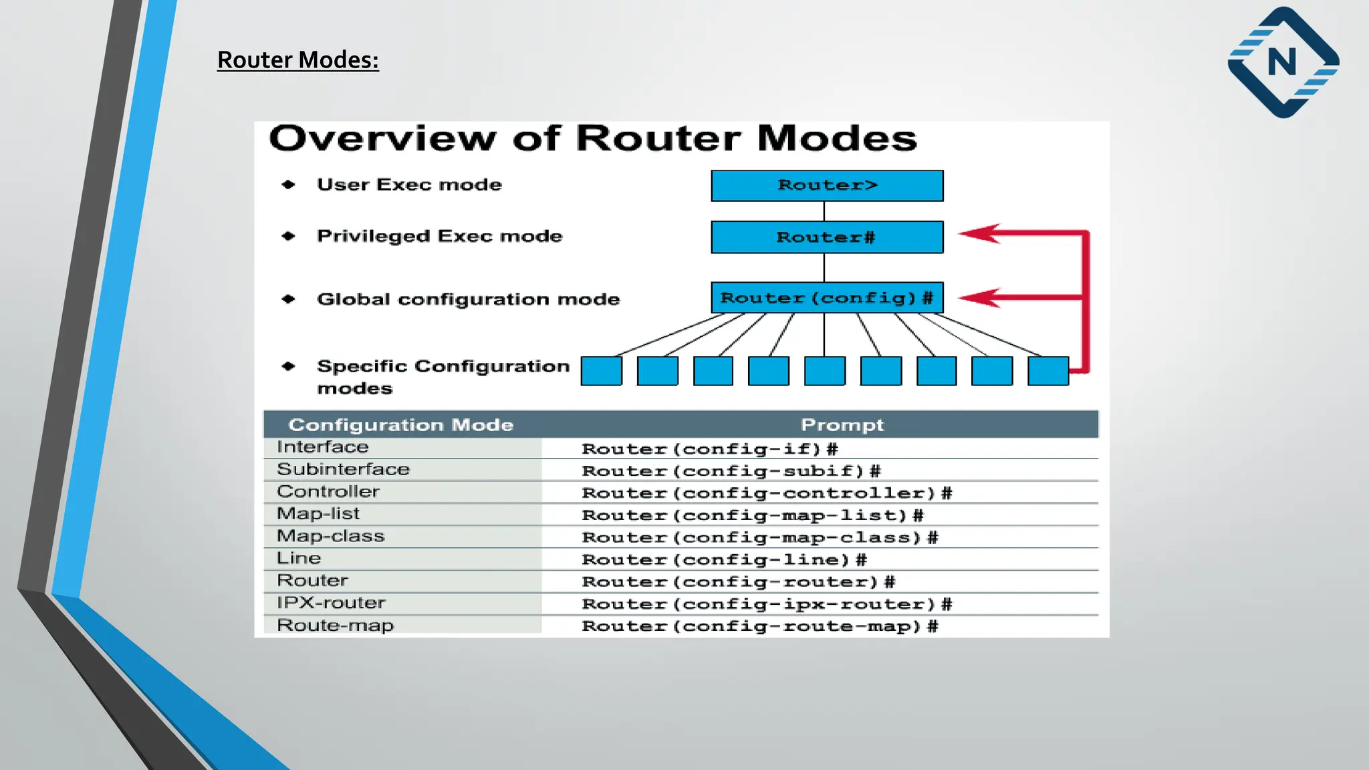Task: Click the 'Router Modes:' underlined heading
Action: pyautogui.click(x=297, y=60)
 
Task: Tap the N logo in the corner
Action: pyautogui.click(x=1283, y=62)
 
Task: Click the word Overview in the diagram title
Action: pyautogui.click(x=382, y=138)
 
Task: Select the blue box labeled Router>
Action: pyautogui.click(x=827, y=186)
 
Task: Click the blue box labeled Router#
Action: pyautogui.click(x=827, y=237)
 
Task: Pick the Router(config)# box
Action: pyautogui.click(x=827, y=298)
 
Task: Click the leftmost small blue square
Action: pyautogui.click(x=601, y=371)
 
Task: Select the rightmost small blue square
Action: pyautogui.click(x=1047, y=371)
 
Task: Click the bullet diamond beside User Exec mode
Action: pyautogui.click(x=288, y=184)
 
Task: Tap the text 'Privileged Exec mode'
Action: pyautogui.click(x=439, y=236)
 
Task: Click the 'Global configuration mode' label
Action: pyautogui.click(x=468, y=299)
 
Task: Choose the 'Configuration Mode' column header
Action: pyautogui.click(x=400, y=425)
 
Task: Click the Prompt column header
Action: pyautogui.click(x=842, y=425)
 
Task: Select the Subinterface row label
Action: pyautogui.click(x=343, y=469)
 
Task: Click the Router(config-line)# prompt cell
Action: pyautogui.click(x=724, y=559)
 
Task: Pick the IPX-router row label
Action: pyautogui.click(x=331, y=603)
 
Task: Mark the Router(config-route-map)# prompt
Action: pyautogui.click(x=759, y=626)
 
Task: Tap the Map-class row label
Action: pyautogui.click(x=331, y=536)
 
